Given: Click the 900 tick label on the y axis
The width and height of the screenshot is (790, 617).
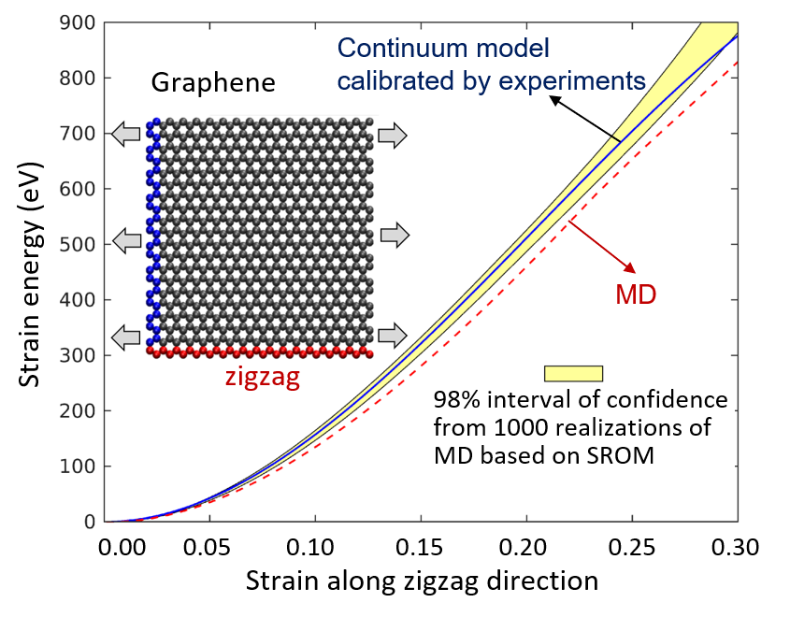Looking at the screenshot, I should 79,22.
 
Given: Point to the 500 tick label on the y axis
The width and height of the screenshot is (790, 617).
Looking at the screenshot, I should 79,245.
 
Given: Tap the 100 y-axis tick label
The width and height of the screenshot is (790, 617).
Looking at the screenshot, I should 79,466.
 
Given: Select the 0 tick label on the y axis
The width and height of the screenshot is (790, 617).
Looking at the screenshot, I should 90,522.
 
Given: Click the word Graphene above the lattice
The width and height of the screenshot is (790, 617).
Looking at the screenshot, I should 213,83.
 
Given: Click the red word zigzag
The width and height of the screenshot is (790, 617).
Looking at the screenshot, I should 263,378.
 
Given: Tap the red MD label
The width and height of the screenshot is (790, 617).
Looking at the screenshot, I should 636,295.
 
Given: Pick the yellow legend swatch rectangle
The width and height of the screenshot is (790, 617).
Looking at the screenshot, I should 573,373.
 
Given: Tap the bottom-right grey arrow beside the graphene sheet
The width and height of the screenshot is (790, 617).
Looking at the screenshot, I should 394,334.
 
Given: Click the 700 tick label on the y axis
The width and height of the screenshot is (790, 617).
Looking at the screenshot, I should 79,134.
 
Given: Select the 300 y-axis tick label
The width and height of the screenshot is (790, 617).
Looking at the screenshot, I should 79,355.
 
